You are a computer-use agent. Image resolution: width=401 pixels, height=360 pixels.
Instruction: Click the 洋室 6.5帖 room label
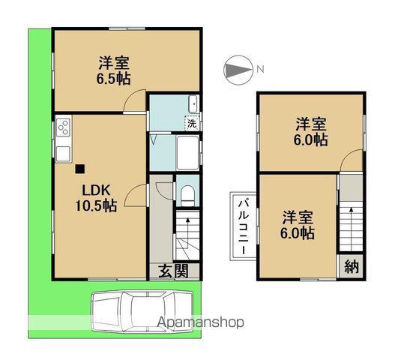[x=114, y=70]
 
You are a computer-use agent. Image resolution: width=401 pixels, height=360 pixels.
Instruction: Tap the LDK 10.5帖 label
[x=96, y=198]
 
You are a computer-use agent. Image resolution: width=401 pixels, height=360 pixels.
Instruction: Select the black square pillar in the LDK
[x=80, y=169]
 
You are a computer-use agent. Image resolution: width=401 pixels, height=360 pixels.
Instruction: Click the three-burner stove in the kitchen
[x=64, y=128]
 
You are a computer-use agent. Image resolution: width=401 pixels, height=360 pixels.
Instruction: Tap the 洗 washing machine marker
[x=192, y=123]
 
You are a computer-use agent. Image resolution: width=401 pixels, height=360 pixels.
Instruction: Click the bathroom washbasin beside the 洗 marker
[x=193, y=104]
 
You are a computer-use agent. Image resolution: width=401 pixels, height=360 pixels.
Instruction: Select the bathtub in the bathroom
[x=187, y=153]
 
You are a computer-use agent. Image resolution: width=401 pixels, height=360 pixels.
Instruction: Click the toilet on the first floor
[x=187, y=196]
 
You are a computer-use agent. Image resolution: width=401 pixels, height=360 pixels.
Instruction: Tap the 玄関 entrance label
[x=173, y=271]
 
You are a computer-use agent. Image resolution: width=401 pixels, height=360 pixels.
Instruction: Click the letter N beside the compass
[x=260, y=69]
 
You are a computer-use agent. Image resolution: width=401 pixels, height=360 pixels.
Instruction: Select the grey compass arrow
[x=238, y=70]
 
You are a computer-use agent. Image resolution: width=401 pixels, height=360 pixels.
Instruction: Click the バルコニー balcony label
[x=244, y=226]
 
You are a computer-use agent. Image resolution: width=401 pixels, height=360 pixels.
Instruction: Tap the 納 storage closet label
[x=352, y=266]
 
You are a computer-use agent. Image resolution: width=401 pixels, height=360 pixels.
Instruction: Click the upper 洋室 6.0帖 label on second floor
[x=311, y=131]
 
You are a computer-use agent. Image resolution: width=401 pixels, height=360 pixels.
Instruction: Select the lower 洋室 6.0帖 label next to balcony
[x=298, y=225]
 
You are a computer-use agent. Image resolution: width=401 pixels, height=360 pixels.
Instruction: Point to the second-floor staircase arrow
[x=352, y=228]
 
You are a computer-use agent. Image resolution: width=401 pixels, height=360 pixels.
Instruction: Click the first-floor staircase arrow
[x=188, y=232]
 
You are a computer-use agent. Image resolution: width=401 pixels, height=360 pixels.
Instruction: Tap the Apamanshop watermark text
[x=200, y=322]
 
